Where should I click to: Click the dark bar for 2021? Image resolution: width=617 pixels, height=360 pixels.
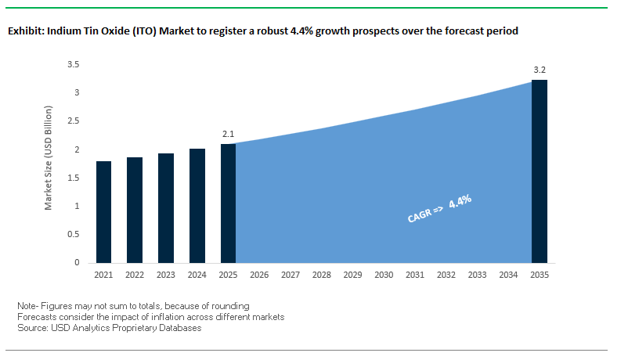click(x=103, y=211)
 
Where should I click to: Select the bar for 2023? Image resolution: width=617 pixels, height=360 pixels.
click(x=166, y=207)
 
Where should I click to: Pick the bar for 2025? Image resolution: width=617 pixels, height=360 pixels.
click(x=228, y=203)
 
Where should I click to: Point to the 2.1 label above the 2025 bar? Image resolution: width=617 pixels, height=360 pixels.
click(x=228, y=135)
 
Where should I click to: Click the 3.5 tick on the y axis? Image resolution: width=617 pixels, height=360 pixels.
click(x=74, y=64)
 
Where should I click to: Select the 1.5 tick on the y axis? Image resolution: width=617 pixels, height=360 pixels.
click(x=74, y=178)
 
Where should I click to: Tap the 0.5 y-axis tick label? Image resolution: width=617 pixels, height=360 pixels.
click(x=74, y=234)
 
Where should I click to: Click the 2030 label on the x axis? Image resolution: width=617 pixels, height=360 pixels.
click(x=384, y=275)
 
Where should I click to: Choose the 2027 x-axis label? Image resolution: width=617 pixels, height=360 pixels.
click(x=290, y=275)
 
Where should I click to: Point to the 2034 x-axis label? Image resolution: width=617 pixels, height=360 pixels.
click(x=508, y=275)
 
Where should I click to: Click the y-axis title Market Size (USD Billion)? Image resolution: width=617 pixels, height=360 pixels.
click(x=49, y=164)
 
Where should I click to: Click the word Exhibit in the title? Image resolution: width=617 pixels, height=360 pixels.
click(x=25, y=31)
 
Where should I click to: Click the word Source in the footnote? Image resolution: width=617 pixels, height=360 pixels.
click(x=32, y=328)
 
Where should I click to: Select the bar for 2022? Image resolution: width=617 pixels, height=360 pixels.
click(x=135, y=210)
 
